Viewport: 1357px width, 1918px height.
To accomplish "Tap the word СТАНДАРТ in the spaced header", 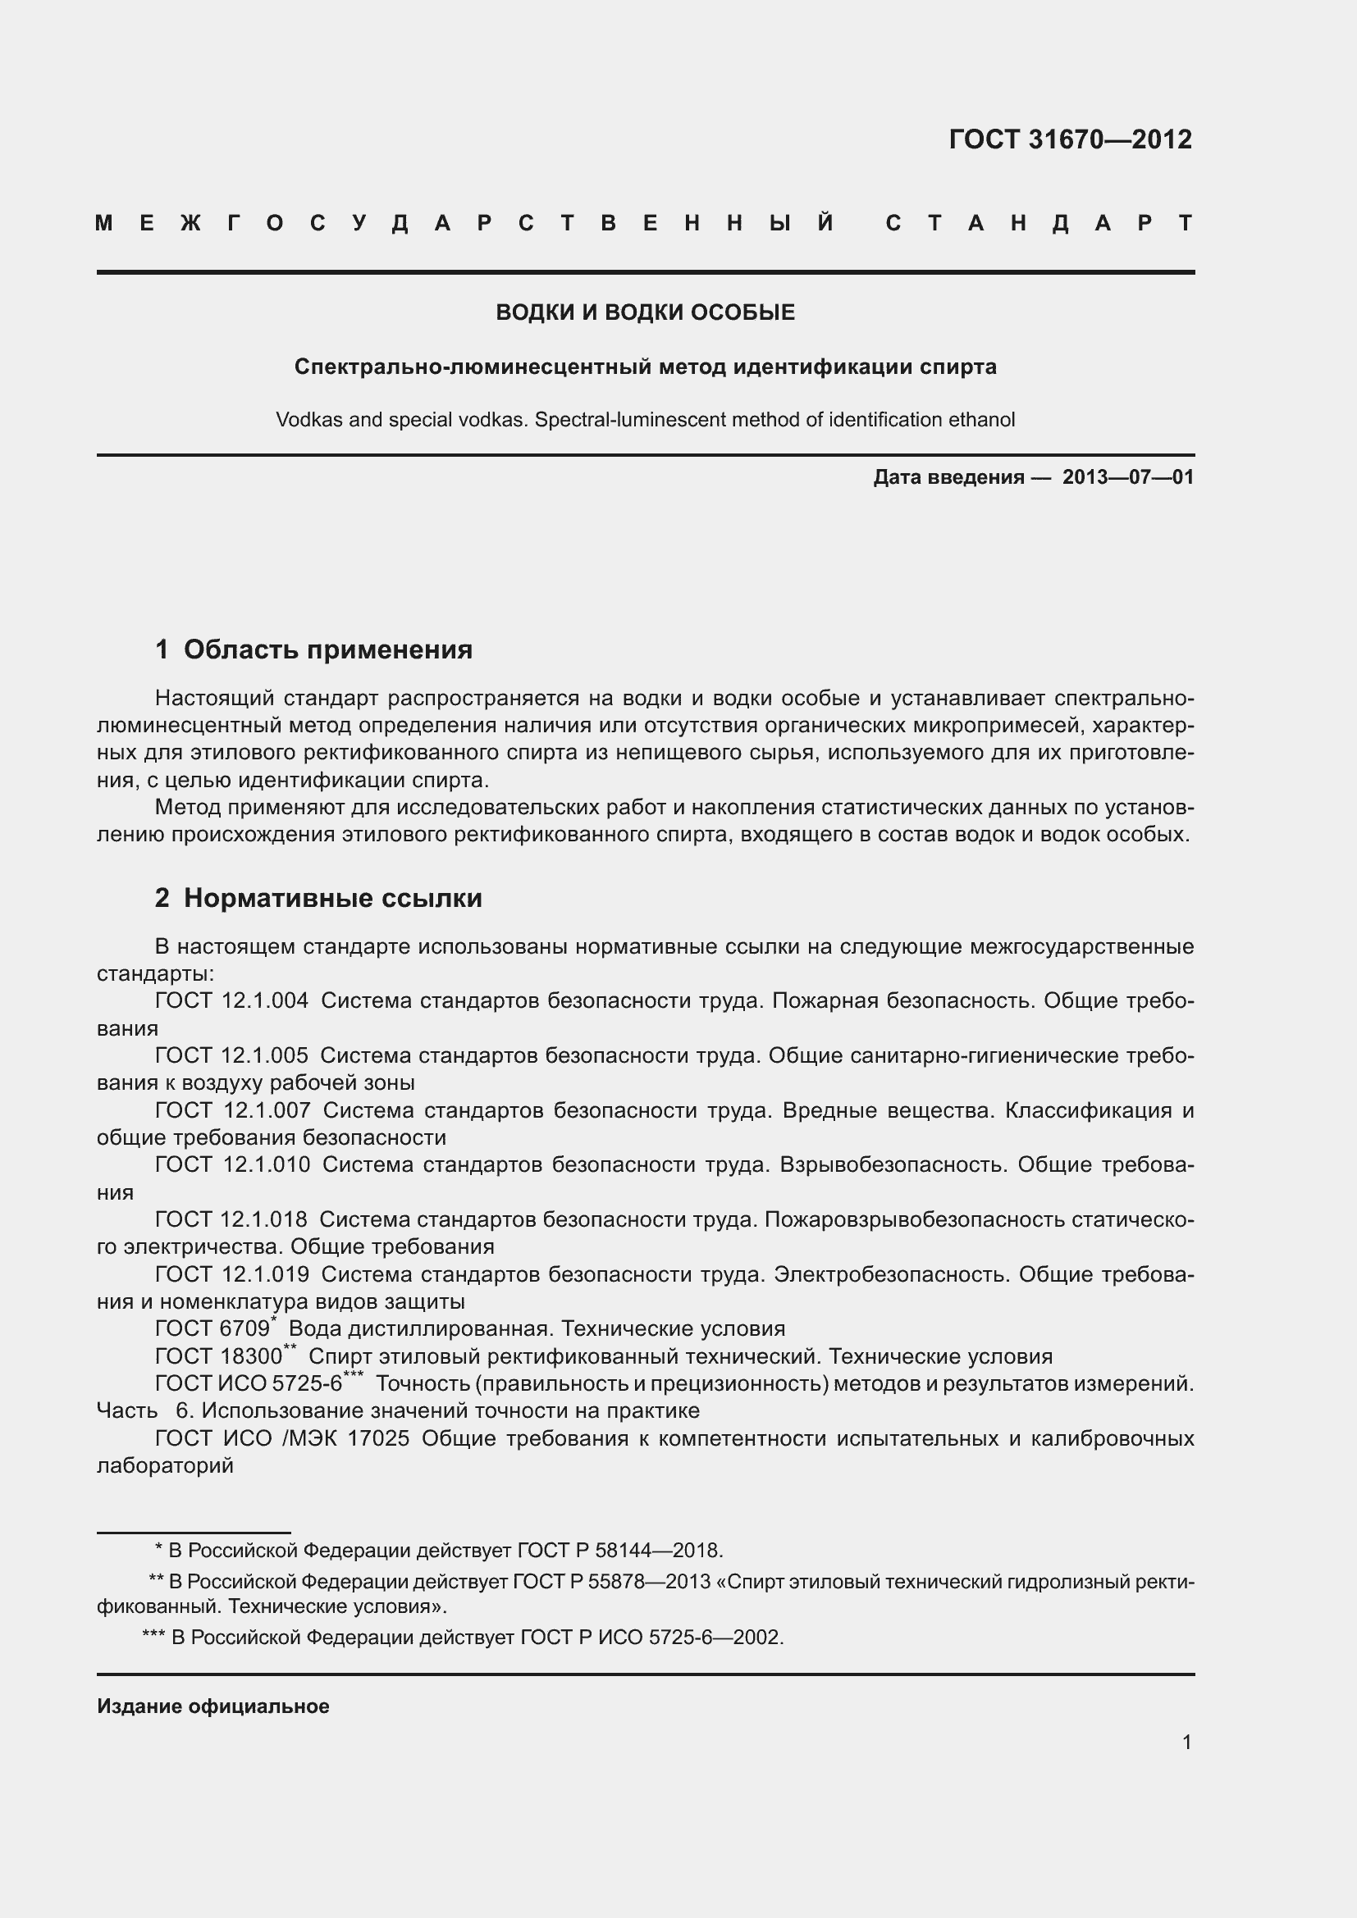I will coord(1039,224).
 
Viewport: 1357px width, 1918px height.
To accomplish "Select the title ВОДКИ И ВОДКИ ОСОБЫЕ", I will coord(645,312).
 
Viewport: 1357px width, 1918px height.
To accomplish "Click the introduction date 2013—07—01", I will coord(1127,477).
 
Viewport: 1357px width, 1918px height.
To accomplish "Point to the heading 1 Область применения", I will coord(313,649).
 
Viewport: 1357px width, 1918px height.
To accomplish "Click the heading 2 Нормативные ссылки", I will coord(318,898).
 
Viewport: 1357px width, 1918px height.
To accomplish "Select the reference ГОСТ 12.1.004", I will coord(231,1000).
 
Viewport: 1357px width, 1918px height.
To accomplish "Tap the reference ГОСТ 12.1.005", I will coord(231,1056).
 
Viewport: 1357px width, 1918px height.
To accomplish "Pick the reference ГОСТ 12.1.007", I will coord(232,1110).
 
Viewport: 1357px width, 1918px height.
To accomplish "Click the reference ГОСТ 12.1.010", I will coord(232,1164).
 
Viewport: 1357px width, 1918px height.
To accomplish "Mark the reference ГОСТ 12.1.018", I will coord(231,1219).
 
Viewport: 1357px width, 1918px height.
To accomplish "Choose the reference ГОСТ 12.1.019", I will coord(232,1274).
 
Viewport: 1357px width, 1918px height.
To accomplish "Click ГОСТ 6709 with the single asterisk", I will coord(213,1329).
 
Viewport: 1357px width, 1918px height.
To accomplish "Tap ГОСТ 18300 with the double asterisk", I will coord(220,1356).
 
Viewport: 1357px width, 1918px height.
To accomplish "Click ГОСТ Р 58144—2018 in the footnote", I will coord(619,1551).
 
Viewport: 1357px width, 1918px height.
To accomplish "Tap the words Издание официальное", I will coord(213,1706).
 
